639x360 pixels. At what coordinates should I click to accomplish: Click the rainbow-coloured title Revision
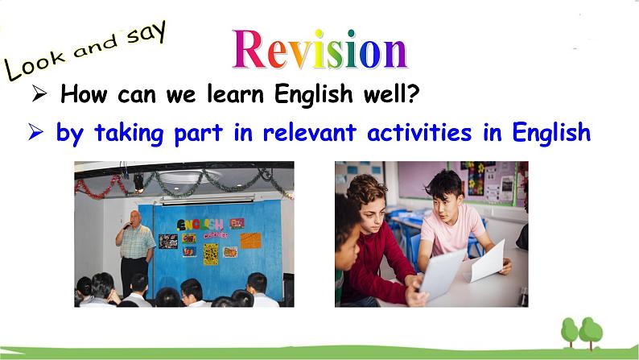point(319,49)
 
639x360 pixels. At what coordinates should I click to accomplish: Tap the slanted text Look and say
point(85,49)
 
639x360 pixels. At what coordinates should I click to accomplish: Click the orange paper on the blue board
point(249,239)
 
